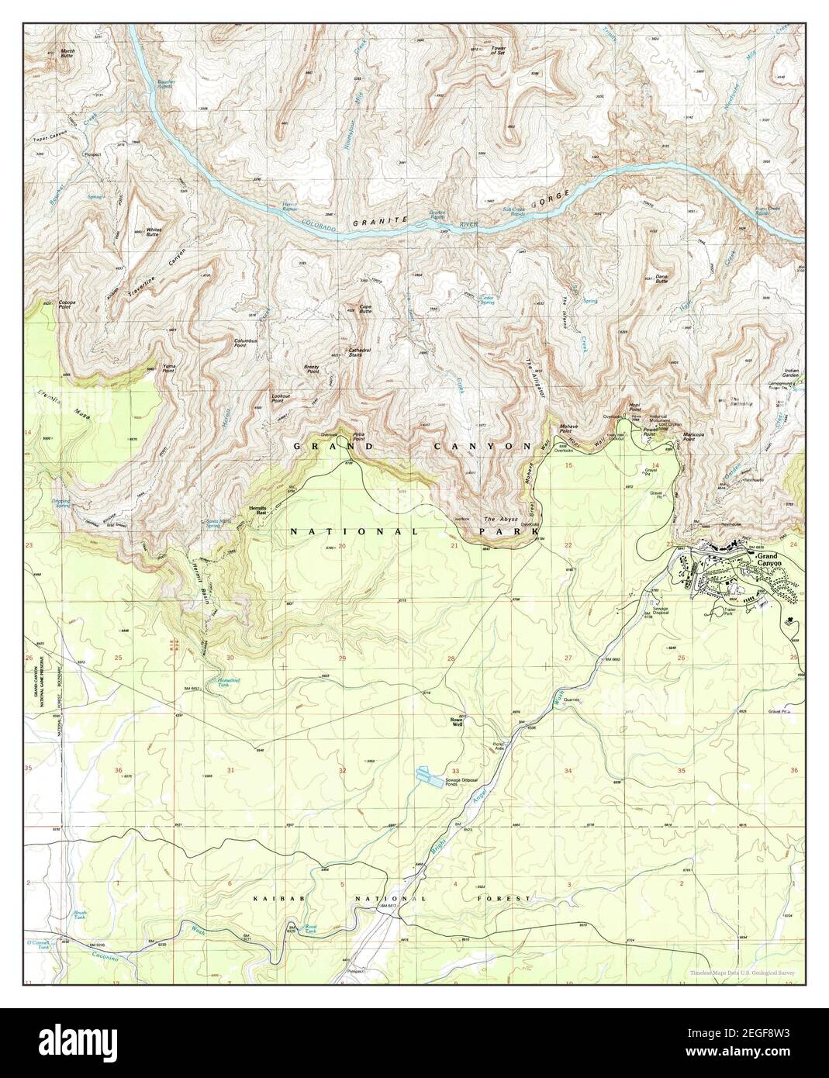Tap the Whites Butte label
152,231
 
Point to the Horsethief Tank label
223,684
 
